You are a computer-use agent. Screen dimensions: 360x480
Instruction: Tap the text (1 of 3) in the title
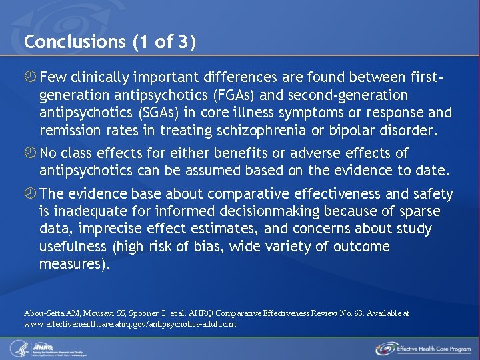pos(163,42)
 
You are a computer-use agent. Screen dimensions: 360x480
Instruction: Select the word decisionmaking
pos(252,212)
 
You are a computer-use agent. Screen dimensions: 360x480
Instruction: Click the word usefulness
pos(73,247)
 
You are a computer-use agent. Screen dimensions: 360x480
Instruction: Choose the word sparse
pos(419,212)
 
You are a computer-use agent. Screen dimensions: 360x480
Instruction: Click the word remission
pos(71,129)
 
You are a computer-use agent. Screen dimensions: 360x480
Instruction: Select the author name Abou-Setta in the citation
pos(43,313)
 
